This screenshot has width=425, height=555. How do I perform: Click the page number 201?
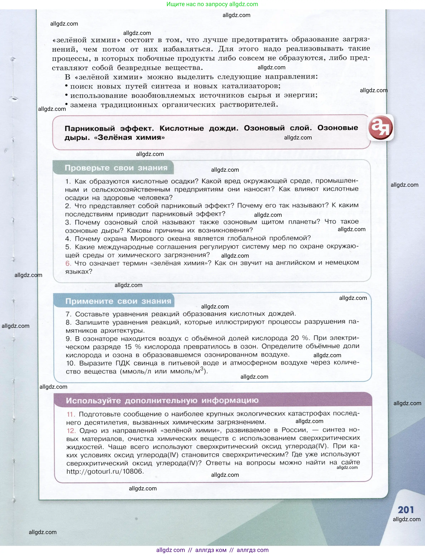pyautogui.click(x=406, y=510)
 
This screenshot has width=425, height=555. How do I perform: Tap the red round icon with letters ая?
pyautogui.click(x=380, y=127)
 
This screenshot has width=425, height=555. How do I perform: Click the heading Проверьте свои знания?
pyautogui.click(x=116, y=168)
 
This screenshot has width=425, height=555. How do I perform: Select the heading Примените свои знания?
pyautogui.click(x=118, y=301)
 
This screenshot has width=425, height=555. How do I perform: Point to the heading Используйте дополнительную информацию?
pyautogui.click(x=162, y=400)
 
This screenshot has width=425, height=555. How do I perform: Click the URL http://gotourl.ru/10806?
pyautogui.click(x=105, y=471)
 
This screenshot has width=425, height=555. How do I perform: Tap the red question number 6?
pyautogui.click(x=68, y=263)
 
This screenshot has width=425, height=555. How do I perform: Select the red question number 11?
pyautogui.click(x=71, y=414)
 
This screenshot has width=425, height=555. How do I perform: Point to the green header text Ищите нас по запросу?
pyautogui.click(x=197, y=4)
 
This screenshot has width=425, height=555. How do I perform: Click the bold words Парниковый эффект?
pyautogui.click(x=109, y=128)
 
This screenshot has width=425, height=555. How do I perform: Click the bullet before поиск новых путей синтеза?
pyautogui.click(x=66, y=86)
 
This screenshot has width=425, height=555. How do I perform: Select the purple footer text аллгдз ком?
pyautogui.click(x=211, y=550)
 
